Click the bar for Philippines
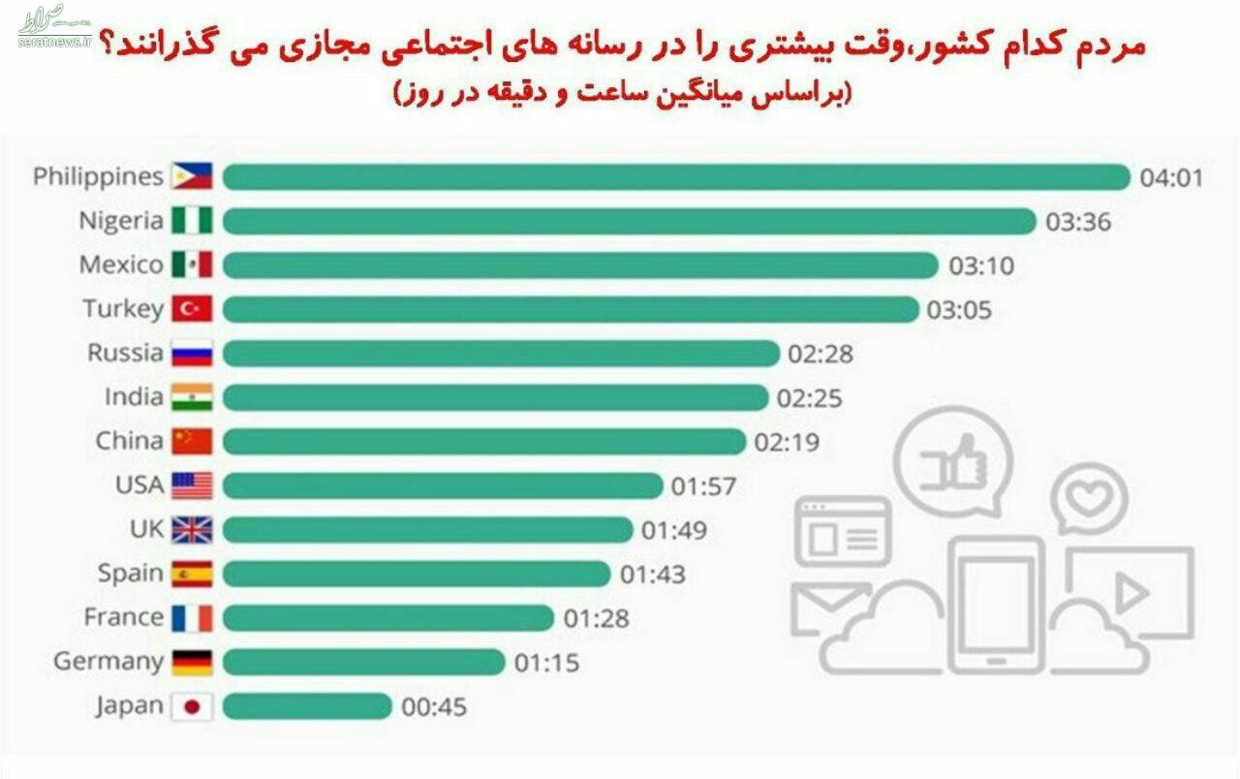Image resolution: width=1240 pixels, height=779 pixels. [676, 177]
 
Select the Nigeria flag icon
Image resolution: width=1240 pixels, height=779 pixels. [192, 221]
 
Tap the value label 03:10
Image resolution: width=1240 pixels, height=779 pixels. [980, 265]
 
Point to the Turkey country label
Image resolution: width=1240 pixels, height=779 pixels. [122, 309]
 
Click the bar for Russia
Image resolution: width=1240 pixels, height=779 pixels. [501, 354]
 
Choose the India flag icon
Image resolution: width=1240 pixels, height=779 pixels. [192, 397]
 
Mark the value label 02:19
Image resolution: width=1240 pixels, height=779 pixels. [787, 442]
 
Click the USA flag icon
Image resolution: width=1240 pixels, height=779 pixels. [192, 485]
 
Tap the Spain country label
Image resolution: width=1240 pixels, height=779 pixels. [130, 574]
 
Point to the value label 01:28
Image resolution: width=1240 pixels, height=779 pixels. [597, 618]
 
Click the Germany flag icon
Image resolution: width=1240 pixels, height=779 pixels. [192, 662]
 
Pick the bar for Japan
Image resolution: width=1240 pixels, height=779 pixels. [307, 706]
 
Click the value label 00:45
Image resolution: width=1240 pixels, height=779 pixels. [434, 706]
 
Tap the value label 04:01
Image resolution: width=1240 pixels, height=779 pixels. [1170, 177]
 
